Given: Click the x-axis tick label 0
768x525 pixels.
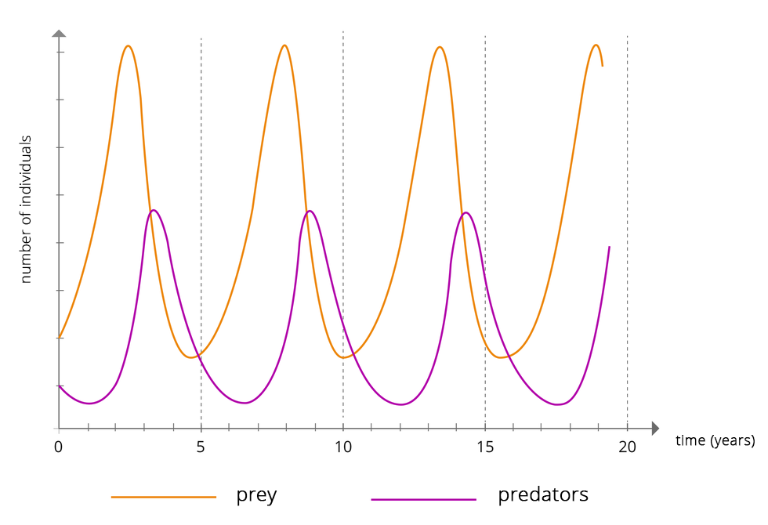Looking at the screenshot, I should [59, 447].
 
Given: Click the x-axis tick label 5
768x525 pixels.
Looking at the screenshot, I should [201, 447].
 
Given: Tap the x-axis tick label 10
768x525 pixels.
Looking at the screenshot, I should [343, 447].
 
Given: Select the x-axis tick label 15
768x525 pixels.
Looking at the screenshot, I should [485, 447].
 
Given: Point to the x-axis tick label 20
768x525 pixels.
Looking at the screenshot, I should [627, 447].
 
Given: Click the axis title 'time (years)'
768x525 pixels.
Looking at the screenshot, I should [715, 440].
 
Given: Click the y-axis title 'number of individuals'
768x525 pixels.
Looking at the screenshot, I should [26, 209].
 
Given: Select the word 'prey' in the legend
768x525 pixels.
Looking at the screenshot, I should [256, 495].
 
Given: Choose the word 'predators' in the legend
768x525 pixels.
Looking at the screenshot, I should [542, 495].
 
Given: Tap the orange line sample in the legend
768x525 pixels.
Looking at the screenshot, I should [163, 497].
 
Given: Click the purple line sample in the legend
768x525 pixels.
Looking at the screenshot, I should [423, 498].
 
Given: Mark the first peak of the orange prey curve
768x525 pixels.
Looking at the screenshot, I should [128, 45].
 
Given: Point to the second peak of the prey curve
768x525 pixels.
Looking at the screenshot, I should [284, 45].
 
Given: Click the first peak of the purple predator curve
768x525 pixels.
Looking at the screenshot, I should [154, 210].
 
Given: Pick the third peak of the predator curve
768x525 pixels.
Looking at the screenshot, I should [466, 212].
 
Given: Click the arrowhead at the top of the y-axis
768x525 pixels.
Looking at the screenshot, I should [59, 33].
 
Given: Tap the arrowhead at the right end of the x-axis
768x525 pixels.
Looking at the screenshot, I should [655, 429].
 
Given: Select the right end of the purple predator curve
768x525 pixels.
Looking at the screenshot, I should [609, 247].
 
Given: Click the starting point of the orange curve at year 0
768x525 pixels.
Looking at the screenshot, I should [60, 337].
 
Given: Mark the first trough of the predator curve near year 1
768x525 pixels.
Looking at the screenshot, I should [90, 404].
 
